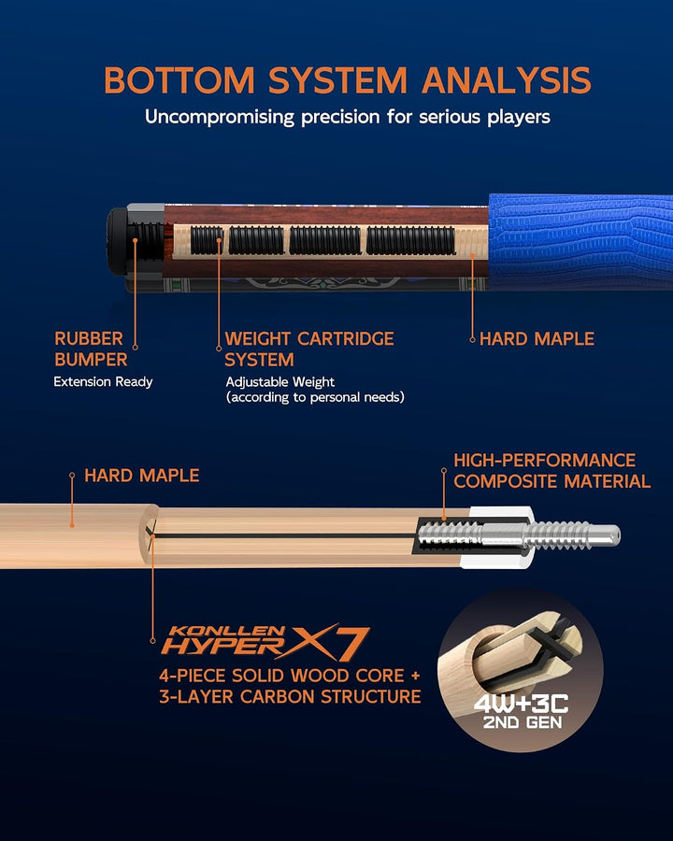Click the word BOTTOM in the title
click(179, 80)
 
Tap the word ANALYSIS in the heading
click(506, 80)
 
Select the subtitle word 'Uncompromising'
click(220, 118)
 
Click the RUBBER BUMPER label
click(91, 349)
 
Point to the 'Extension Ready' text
click(103, 382)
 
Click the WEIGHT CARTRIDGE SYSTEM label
click(309, 349)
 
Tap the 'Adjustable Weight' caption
click(280, 382)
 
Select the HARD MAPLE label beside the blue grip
click(537, 339)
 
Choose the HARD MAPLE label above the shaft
click(142, 476)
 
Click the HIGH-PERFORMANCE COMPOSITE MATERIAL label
click(551, 471)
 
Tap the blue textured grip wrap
click(580, 242)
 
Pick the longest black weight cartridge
click(410, 241)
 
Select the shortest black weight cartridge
click(207, 240)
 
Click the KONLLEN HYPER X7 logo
click(265, 642)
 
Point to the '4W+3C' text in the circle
click(522, 704)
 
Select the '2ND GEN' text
click(523, 722)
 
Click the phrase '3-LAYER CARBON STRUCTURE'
click(290, 697)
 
